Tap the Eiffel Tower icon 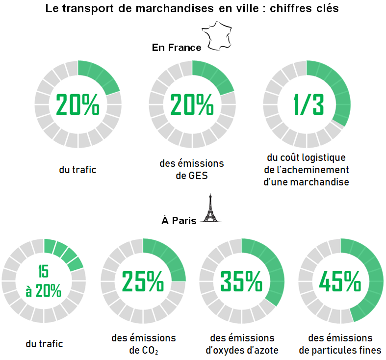211,209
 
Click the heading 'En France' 177,48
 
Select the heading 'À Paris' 179,221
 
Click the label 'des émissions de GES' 192,169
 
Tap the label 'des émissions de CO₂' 144,344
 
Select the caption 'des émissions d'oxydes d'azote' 242,344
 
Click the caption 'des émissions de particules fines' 340,344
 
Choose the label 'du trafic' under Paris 44,344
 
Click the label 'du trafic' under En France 77,170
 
